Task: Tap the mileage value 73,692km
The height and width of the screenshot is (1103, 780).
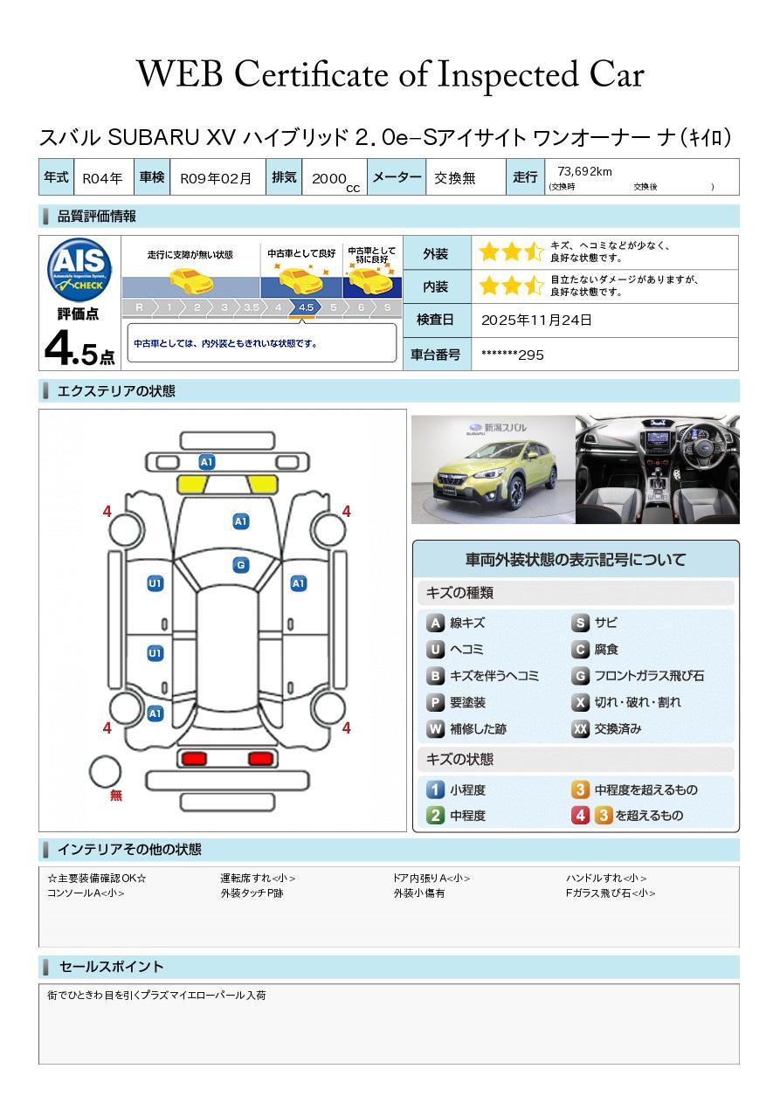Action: (x=584, y=172)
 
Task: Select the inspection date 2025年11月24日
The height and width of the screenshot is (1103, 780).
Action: (x=536, y=321)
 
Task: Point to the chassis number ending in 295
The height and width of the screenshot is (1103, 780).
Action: (x=513, y=355)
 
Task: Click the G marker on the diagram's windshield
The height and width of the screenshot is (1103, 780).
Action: (x=241, y=565)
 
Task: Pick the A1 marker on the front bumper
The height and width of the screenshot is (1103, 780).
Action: (x=207, y=462)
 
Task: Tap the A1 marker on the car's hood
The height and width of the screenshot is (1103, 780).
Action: (x=241, y=521)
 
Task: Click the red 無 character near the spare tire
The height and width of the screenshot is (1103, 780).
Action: (x=116, y=796)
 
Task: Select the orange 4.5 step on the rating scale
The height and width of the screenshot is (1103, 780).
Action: (x=306, y=307)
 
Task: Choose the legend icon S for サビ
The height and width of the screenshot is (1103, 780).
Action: (x=580, y=624)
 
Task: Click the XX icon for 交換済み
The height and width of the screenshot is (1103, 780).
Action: (x=580, y=729)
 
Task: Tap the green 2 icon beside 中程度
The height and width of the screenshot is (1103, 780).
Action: (x=435, y=816)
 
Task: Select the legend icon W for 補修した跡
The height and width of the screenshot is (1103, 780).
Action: (x=435, y=729)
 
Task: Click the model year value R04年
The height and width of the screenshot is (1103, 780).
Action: (x=102, y=178)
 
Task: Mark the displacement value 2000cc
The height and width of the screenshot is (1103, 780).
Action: (x=334, y=179)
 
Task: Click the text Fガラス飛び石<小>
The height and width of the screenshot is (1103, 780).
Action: (x=610, y=893)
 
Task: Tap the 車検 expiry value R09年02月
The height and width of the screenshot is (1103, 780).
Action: (x=216, y=178)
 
